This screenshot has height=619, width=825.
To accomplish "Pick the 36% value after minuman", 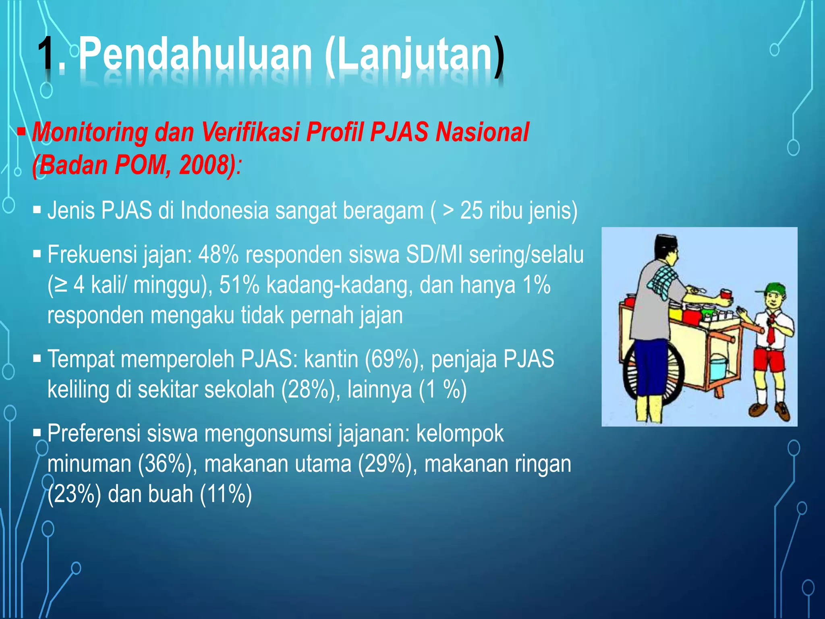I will [x=164, y=464].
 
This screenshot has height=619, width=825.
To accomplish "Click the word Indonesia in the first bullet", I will [x=224, y=210].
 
